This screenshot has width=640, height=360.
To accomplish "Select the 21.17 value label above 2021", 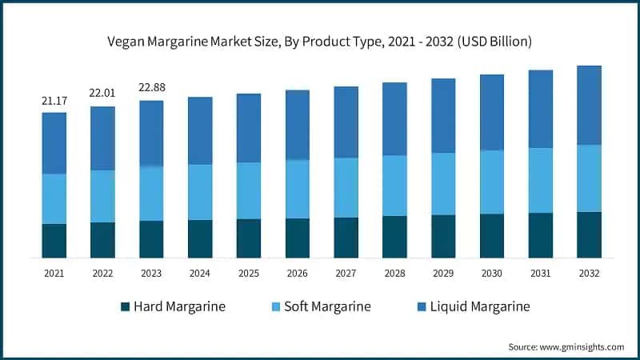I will pyautogui.click(x=54, y=101).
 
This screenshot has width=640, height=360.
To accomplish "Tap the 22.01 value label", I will pyautogui.click(x=102, y=94).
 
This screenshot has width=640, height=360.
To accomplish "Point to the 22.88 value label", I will pyautogui.click(x=151, y=88).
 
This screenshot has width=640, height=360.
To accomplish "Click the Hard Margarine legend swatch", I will pyautogui.click(x=125, y=306).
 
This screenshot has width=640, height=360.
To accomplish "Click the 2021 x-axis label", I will pyautogui.click(x=54, y=273).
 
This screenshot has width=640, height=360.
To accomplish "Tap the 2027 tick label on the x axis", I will pyautogui.click(x=346, y=273).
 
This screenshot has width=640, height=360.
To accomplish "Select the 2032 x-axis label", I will pyautogui.click(x=590, y=273).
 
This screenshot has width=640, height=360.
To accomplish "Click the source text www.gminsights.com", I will pyautogui.click(x=566, y=346).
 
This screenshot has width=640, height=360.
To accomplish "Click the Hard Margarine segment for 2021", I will pyautogui.click(x=54, y=241).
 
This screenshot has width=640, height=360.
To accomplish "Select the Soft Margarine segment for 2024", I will pyautogui.click(x=200, y=192).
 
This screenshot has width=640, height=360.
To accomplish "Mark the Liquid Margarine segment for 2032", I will pyautogui.click(x=590, y=105).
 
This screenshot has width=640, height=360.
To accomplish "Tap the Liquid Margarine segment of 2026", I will pyautogui.click(x=298, y=125).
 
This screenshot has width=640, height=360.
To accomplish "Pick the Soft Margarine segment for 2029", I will pyautogui.click(x=443, y=183).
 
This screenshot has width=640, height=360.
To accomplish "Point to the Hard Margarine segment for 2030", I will pyautogui.click(x=492, y=236).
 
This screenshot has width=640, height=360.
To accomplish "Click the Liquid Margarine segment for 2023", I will pyautogui.click(x=151, y=133).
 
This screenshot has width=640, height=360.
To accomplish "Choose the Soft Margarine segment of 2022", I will pyautogui.click(x=102, y=196).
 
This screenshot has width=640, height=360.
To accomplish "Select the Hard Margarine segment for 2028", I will pyautogui.click(x=394, y=237).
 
